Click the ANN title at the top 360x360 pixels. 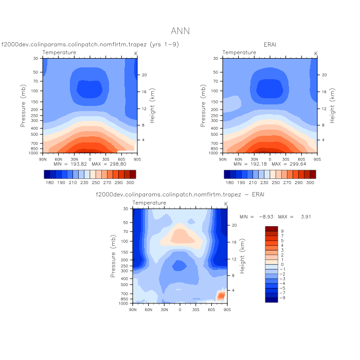pyautogui.click(x=180, y=31)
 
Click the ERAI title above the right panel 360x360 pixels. pyautogui.click(x=270, y=45)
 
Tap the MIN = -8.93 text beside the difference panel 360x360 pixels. pyautogui.click(x=255, y=217)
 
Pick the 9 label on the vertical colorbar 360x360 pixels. pyautogui.click(x=282, y=231)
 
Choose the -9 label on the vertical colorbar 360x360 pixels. pyautogui.click(x=283, y=298)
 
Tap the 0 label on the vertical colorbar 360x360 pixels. pyautogui.click(x=282, y=264)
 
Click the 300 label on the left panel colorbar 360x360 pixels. pyautogui.click(x=130, y=183)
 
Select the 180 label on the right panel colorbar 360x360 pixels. pyautogui.click(x=229, y=183)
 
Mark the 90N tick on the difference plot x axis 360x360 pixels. pyautogui.click(x=133, y=310)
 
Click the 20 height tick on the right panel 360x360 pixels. pyautogui.click(x=324, y=75)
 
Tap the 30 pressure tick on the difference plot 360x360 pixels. pyautogui.click(x=125, y=209)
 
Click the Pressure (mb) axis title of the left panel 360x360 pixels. pyautogui.click(x=24, y=105)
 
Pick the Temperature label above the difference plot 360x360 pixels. pyautogui.click(x=149, y=203)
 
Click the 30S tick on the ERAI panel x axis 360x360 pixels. pyautogui.click(x=286, y=159)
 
